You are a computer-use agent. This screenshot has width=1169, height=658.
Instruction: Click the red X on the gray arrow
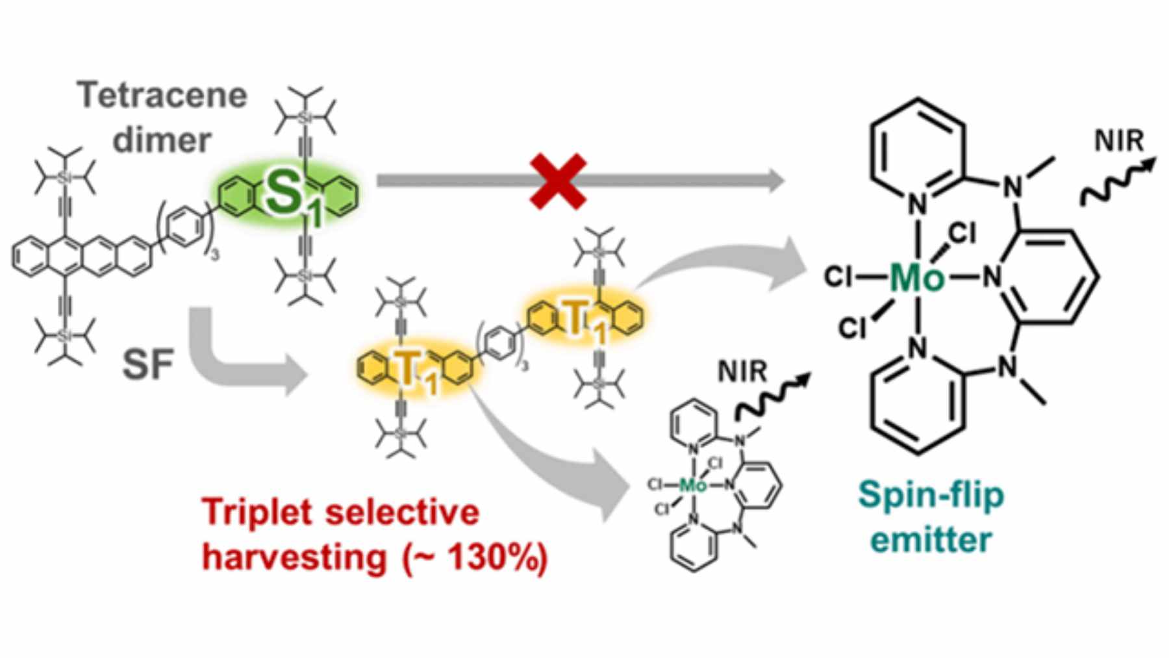coord(559,181)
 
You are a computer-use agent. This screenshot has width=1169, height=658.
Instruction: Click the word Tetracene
coord(163,95)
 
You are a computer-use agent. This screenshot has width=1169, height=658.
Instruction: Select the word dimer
coord(162,140)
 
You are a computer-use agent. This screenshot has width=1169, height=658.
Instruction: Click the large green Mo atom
coord(916,278)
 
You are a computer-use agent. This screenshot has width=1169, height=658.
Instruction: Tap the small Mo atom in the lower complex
coord(692,485)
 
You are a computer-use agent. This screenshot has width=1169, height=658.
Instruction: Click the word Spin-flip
coord(931,496)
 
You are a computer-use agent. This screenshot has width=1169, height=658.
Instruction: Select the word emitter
coord(931,539)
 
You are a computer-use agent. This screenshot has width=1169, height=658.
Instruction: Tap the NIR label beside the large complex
coord(1118,140)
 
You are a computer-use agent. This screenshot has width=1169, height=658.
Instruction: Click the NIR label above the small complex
coord(742,372)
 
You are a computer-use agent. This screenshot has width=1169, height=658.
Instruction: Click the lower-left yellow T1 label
coord(410,372)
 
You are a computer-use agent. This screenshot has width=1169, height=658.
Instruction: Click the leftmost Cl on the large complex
coord(838,278)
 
